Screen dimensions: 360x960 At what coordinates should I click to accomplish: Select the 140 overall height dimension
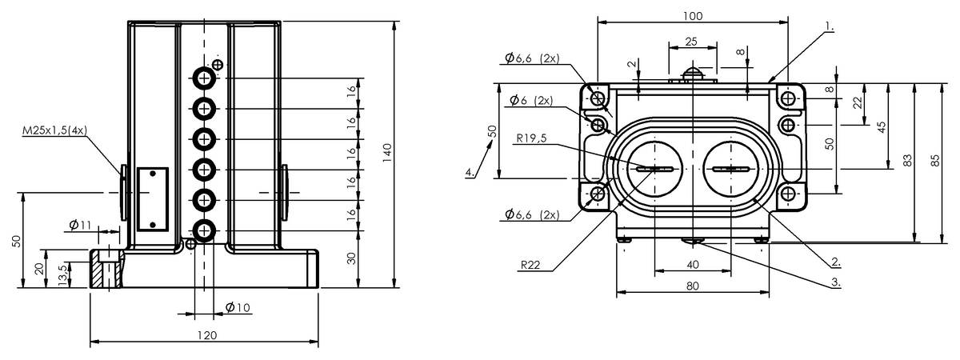[x=386, y=152]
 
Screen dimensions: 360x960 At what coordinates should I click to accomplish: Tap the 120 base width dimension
[x=206, y=335]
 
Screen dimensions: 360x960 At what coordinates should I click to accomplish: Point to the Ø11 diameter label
[x=80, y=226]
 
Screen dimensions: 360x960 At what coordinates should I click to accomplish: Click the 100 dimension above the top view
[x=694, y=15]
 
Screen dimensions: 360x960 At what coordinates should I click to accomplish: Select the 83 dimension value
[x=907, y=160]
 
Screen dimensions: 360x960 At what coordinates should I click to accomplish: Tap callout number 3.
[x=834, y=282]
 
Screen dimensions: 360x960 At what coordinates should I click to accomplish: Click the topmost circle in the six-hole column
[x=204, y=78]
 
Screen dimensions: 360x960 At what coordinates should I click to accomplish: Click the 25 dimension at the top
[x=692, y=41]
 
